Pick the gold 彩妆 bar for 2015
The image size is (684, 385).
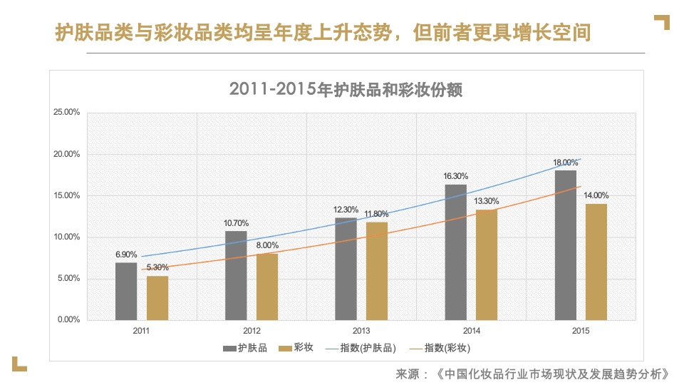click(x=596, y=262)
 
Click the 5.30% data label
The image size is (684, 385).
click(x=157, y=267)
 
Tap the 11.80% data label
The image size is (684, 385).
click(x=378, y=214)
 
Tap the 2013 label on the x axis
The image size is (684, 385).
click(x=361, y=331)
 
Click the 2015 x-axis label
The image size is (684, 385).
click(x=581, y=331)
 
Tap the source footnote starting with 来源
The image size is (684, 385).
click(x=532, y=374)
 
